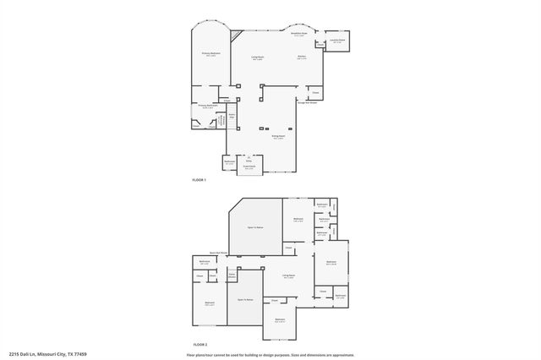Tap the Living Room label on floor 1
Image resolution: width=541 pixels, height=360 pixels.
click(x=257, y=58)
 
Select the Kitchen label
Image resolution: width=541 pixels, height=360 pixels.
click(x=302, y=57)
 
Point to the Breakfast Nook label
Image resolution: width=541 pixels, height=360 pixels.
click(x=298, y=35)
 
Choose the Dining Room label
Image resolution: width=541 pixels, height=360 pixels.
click(x=277, y=136)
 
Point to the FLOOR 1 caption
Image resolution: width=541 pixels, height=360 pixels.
click(x=199, y=181)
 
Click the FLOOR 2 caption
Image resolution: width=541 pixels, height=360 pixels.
click(x=199, y=345)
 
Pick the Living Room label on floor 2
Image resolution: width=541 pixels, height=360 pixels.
click(x=288, y=276)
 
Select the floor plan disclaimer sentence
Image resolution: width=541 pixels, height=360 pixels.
click(x=270, y=354)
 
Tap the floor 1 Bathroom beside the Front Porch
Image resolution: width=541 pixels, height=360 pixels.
click(x=230, y=162)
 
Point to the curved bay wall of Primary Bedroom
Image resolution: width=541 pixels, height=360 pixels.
click(x=210, y=26)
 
